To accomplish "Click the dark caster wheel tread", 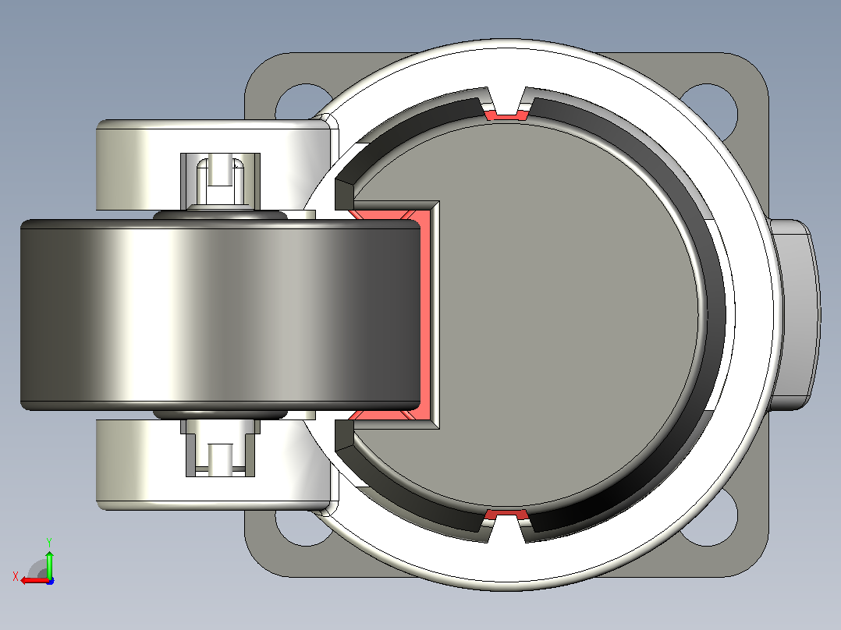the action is (x=220, y=315).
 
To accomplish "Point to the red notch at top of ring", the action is (x=506, y=115).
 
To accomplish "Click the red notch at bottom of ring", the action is (x=506, y=515).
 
